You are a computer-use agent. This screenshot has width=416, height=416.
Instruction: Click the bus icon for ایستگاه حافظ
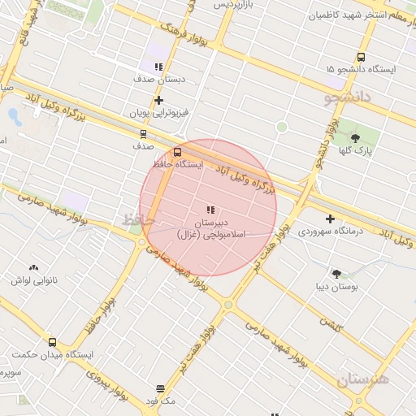pos(178,151)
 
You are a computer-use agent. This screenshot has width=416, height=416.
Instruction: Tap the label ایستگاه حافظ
pos(178,164)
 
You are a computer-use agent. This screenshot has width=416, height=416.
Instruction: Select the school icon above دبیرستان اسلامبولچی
pos(211,210)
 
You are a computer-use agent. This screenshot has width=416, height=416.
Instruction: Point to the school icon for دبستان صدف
pos(159,67)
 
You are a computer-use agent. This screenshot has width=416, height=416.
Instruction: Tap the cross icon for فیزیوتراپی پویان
pos(159,100)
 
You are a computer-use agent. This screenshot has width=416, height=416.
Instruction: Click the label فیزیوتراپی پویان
pos(159,113)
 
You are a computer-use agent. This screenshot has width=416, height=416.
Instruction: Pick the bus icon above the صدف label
pos(143,134)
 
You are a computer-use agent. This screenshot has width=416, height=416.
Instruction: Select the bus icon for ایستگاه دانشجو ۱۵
pos(361,57)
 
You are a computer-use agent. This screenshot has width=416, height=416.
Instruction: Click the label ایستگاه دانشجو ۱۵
pos(361,70)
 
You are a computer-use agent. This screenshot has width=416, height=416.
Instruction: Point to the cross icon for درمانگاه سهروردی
pos(330,219)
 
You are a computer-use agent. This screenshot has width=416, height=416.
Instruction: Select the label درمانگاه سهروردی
pos(330,232)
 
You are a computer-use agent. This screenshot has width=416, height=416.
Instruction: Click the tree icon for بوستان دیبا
pos(336,274)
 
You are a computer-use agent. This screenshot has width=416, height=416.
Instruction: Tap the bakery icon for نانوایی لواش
pos(33,266)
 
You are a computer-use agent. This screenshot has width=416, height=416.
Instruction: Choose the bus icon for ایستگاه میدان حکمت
pos(53,342)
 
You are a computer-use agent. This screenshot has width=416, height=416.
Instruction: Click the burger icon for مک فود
pos(160,388)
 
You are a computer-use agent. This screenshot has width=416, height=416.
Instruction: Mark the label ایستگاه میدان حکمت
pos(53,355)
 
